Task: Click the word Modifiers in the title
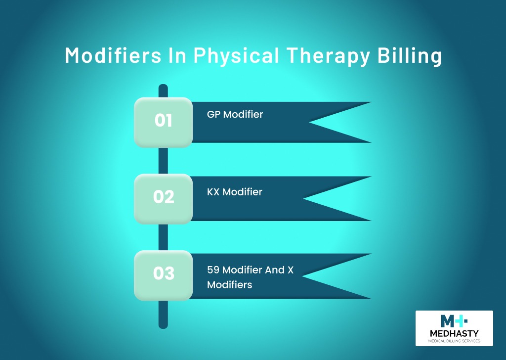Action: coord(113,55)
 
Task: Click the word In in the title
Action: coord(177,55)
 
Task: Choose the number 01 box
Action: coord(163,122)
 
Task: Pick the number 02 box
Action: coord(163,199)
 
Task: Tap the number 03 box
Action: coord(163,275)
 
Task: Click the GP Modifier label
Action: coord(235,114)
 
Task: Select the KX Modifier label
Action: coord(235,192)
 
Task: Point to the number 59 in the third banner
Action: coord(213,270)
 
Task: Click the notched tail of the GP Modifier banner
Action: coord(339,122)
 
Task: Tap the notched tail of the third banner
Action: coord(336,276)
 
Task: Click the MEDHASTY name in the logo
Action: coord(455,333)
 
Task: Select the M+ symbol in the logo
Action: coord(454,321)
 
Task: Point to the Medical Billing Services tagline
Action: coord(455,341)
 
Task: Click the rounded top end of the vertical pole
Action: coord(163,87)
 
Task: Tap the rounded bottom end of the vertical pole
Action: coord(163,325)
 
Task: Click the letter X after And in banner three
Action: coord(290,270)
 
